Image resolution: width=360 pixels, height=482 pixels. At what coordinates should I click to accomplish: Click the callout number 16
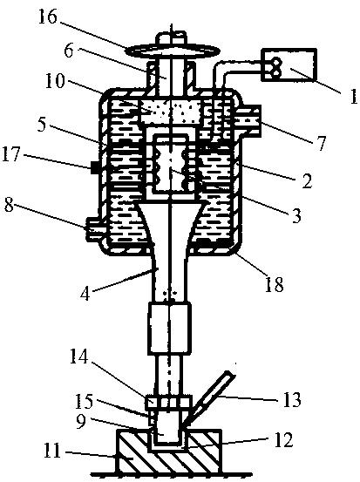tap(47, 17)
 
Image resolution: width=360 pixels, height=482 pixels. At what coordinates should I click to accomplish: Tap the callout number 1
tap(353, 96)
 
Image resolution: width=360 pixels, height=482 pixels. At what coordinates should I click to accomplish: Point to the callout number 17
tap(12, 153)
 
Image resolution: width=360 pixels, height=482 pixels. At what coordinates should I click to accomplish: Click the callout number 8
tap(10, 205)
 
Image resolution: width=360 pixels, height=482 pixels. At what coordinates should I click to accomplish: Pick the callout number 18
tap(274, 284)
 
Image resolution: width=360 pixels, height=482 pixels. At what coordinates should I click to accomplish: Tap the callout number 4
tap(85, 294)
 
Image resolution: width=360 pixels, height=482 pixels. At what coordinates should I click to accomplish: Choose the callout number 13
tap(291, 399)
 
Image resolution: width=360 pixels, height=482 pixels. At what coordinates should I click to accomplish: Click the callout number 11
tap(52, 451)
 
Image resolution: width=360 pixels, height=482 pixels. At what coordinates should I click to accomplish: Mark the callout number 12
tap(283, 440)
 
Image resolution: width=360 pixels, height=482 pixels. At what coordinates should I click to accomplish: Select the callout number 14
tap(78, 357)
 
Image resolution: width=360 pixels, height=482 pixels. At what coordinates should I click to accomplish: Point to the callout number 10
tap(55, 82)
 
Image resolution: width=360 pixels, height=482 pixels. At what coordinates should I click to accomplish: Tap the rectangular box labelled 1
tap(289, 64)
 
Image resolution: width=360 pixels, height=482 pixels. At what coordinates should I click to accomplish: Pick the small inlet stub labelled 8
tap(94, 228)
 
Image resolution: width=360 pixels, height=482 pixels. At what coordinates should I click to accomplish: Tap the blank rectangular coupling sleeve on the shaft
tap(169, 328)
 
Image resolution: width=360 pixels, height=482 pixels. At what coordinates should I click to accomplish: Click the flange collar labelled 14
tap(168, 403)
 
